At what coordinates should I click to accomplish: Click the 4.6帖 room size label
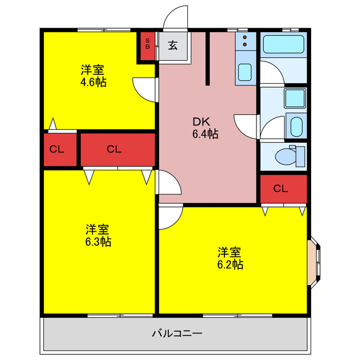coord(93,76)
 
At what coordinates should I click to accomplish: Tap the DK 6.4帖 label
coord(205,128)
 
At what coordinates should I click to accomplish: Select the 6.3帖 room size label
coord(97,236)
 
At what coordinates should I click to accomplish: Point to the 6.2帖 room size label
coord(231,258)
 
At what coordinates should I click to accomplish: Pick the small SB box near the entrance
coord(148,43)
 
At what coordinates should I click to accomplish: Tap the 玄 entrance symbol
coord(173,46)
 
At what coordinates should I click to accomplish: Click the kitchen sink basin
coord(245,72)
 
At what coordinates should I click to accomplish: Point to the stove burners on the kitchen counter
coord(245,40)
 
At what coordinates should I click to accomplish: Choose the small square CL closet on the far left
coord(56,150)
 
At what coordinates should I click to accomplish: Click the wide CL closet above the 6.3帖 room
coord(115,149)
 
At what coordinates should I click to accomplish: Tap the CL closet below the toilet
coord(283,188)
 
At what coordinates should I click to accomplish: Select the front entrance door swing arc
coord(175,17)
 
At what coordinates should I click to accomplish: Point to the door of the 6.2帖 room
coord(170,217)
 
